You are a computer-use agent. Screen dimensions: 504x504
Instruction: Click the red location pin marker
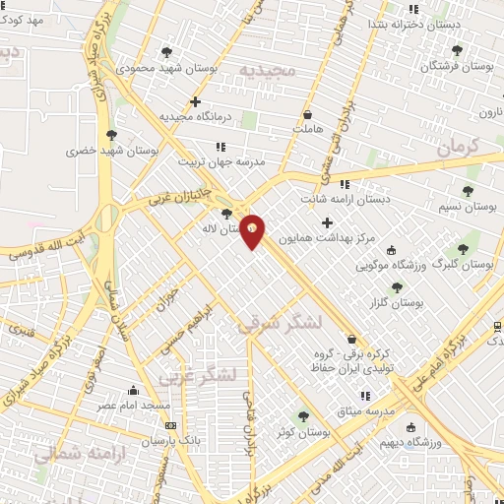point(253,229)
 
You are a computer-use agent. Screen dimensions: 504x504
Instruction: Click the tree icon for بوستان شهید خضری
point(110,136)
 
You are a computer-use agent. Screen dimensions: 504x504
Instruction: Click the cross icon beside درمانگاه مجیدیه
point(195,101)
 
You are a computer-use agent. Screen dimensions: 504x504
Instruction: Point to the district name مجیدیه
point(267,71)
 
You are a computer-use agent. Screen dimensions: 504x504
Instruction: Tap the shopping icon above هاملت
point(308,114)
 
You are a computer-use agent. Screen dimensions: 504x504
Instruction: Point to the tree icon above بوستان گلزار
point(397,287)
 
